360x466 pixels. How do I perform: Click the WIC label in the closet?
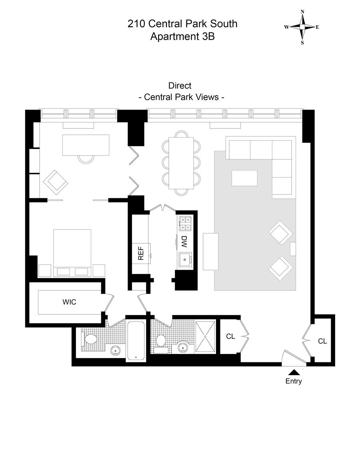click(x=69, y=302)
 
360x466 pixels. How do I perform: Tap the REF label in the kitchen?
click(x=140, y=253)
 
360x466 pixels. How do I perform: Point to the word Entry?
click(x=294, y=381)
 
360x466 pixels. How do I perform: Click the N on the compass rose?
click(x=303, y=12)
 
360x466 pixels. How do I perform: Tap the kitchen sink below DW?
click(x=185, y=259)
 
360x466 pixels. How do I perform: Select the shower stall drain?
click(x=205, y=337)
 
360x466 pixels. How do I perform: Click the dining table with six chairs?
click(x=182, y=163)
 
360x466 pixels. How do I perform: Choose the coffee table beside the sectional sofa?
click(x=244, y=178)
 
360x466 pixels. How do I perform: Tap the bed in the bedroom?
click(x=72, y=250)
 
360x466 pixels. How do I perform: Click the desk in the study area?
click(x=86, y=144)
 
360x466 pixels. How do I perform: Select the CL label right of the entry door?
click(x=322, y=341)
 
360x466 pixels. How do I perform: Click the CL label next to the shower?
click(x=230, y=336)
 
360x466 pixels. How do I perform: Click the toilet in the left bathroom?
click(x=90, y=339)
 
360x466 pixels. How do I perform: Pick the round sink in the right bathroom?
click(x=184, y=347)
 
